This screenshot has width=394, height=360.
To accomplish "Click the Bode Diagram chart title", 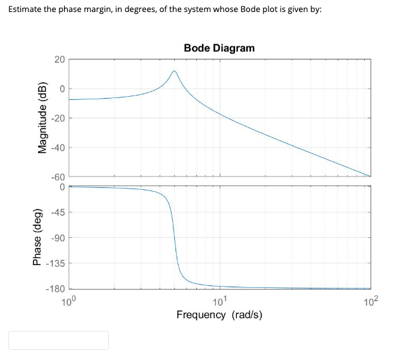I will coord(219,48).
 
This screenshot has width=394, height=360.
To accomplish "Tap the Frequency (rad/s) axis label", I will coord(219,314).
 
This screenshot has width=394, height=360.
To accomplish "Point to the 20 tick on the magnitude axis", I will coord(59,59).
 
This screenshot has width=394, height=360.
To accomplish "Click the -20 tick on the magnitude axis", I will coord(58,118).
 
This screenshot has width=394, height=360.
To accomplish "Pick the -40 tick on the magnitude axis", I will coord(58,148).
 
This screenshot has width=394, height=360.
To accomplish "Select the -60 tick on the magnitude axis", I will coord(58,177).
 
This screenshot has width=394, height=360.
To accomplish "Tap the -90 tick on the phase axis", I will coord(58,238).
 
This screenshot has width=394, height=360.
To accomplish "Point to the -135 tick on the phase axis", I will coord(56,264).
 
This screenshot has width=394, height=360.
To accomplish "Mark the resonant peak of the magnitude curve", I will coord(174,71).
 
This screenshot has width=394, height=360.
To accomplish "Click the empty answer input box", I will coord(58,340).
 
